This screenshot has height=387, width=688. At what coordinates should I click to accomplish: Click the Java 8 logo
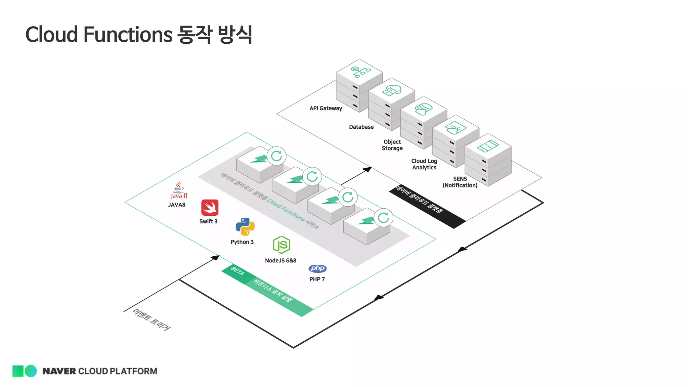tap(178, 190)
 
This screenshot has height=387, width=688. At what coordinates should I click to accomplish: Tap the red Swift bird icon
tap(210, 208)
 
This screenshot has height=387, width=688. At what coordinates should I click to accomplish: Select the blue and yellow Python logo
tap(245, 226)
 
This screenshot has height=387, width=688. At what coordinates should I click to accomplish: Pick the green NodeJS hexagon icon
tap(282, 245)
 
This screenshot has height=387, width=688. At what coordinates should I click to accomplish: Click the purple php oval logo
tap(317, 268)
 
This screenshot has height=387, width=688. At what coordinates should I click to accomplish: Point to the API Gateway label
tap(326, 108)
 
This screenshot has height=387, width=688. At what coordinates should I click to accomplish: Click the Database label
tap(361, 127)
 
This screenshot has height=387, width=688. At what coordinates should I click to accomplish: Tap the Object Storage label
tap(392, 145)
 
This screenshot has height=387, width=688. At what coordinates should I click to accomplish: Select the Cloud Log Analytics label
tap(424, 164)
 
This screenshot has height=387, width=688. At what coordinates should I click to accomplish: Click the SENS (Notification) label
tap(460, 182)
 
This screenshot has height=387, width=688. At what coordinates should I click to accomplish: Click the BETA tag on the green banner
tap(238, 271)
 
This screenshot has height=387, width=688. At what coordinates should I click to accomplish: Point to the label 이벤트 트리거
tap(152, 319)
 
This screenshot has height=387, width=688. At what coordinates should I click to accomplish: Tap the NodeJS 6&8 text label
tap(281, 260)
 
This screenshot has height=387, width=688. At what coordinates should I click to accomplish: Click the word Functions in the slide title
tap(128, 34)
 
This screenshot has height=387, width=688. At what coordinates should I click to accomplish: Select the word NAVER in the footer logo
tap(59, 371)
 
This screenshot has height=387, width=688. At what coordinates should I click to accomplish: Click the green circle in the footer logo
tap(31, 371)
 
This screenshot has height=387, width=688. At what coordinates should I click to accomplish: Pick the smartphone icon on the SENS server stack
tap(488, 146)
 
